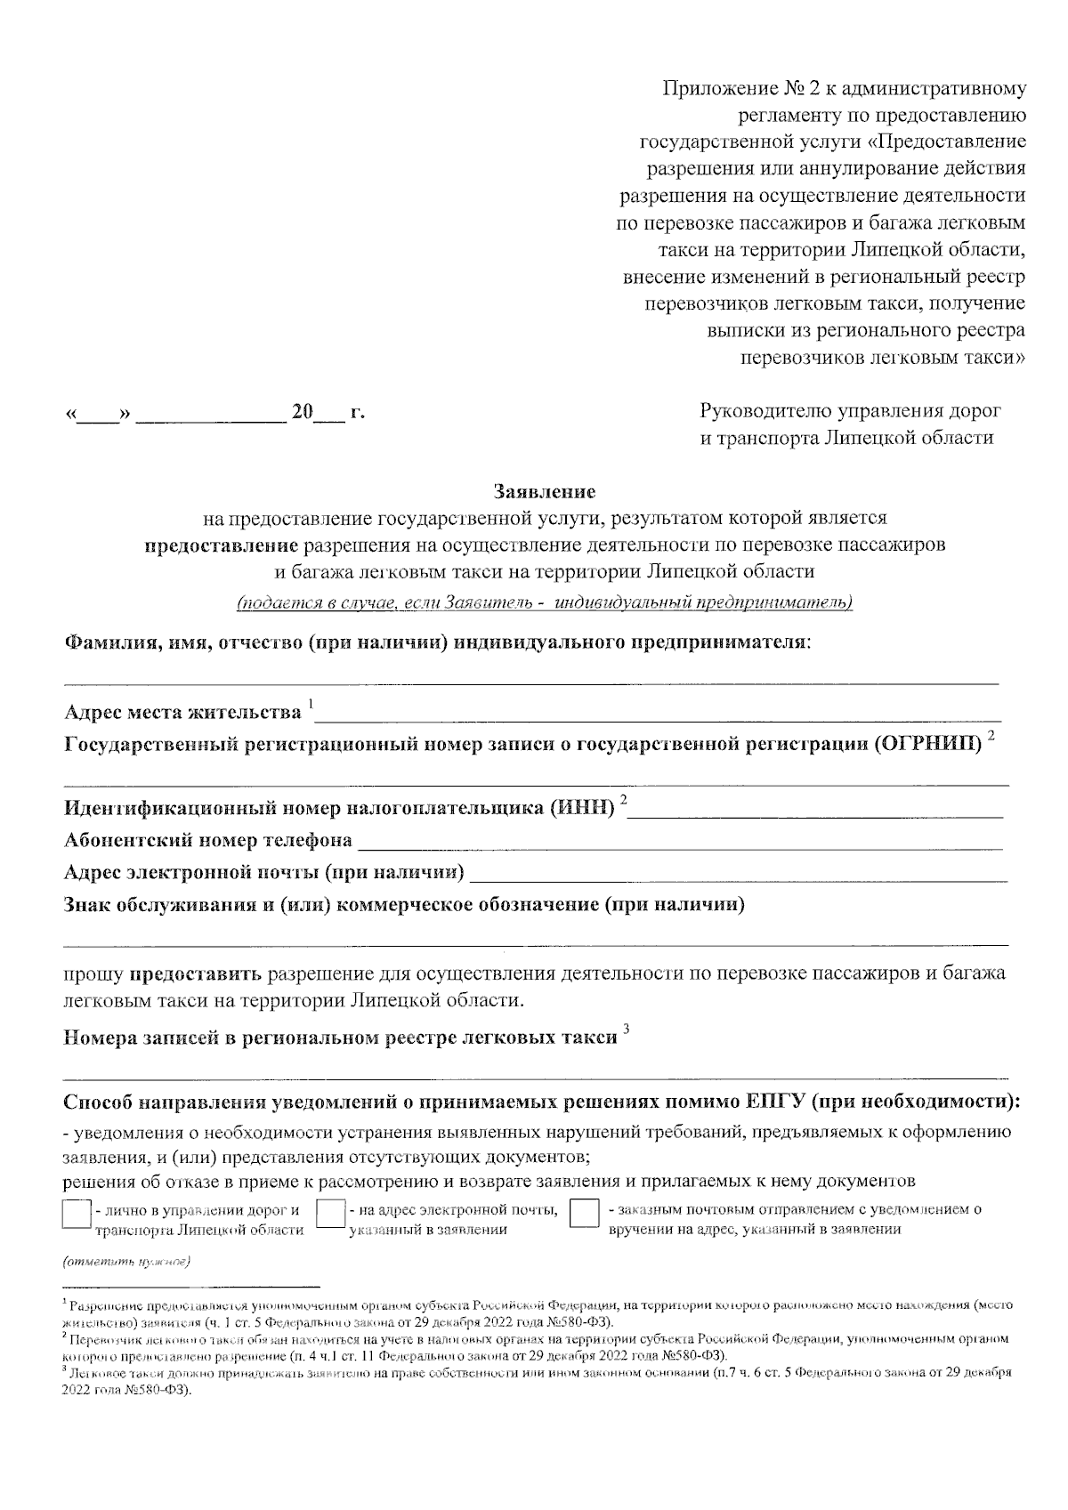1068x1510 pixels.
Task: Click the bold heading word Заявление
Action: coord(545,491)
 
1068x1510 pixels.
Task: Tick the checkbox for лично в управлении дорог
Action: coord(77,1215)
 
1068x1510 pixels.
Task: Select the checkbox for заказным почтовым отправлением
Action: coord(584,1215)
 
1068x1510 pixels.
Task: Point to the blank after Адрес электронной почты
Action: coord(739,874)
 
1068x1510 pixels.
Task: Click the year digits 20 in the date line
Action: coord(303,413)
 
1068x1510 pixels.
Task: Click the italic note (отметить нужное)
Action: coord(126,1262)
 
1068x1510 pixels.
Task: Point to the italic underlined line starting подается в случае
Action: coord(545,603)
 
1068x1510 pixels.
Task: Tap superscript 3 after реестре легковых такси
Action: coord(627,1030)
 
